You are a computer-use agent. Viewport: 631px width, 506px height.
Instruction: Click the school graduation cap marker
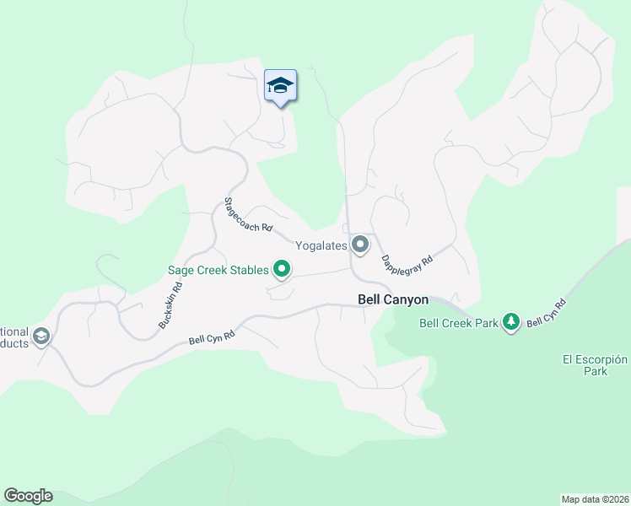[280, 86]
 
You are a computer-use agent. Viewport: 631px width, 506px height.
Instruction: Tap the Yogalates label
[321, 245]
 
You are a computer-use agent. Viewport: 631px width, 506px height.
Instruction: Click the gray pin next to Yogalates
[360, 245]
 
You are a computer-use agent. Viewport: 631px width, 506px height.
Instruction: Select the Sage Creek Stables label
[217, 270]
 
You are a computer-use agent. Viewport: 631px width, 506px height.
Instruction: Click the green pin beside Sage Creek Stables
[282, 270]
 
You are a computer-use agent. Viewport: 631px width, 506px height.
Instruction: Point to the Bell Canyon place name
[393, 299]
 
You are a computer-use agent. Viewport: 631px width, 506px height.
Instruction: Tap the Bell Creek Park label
[458, 322]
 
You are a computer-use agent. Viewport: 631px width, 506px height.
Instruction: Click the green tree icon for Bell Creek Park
[510, 322]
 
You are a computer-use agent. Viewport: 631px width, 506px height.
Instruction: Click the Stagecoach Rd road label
[248, 215]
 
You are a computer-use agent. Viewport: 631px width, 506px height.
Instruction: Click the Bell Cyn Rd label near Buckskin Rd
[212, 338]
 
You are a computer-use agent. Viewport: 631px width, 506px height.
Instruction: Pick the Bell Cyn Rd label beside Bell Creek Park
[547, 313]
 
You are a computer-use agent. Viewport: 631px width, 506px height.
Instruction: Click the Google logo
[28, 496]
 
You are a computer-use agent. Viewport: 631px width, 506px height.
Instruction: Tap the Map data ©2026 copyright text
[596, 498]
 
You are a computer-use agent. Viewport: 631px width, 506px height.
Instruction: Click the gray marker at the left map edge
[40, 338]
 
